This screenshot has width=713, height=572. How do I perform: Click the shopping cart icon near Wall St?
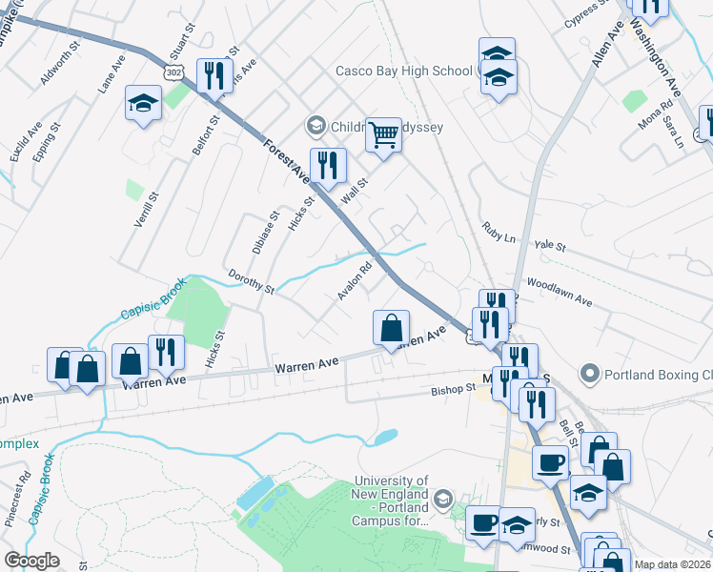click(x=383, y=135)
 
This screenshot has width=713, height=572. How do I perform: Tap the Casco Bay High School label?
click(x=403, y=71)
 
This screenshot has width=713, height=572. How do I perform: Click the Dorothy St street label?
click(x=251, y=280)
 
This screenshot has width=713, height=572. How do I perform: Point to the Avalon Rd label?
click(x=354, y=281)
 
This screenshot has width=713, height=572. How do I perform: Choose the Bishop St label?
click(x=453, y=389)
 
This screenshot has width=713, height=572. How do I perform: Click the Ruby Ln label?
click(x=498, y=230)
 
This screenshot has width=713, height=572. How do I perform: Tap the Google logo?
click(x=31, y=561)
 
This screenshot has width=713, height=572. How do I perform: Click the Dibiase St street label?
click(x=266, y=232)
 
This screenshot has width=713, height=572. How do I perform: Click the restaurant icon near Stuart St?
click(x=212, y=75)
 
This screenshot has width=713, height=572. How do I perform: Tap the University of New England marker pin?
click(x=442, y=499)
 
